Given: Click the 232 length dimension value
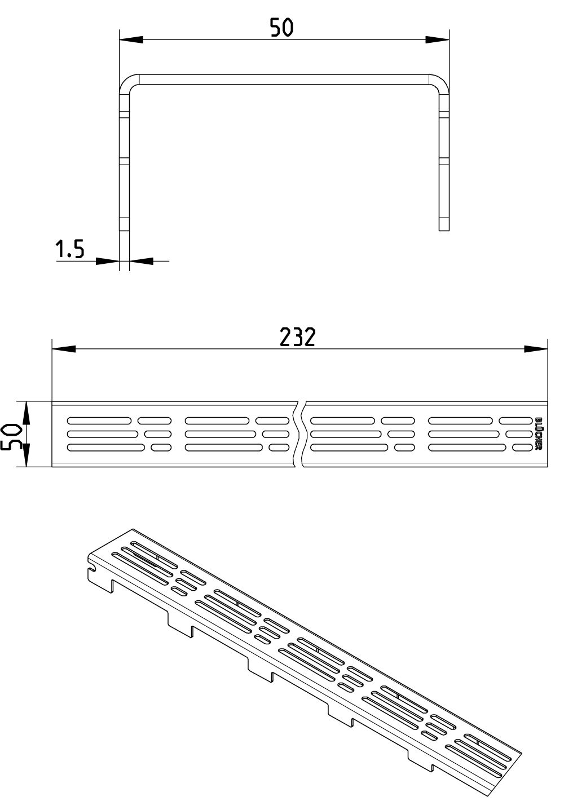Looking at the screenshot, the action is tap(297, 337).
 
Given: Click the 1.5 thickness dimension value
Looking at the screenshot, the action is tap(70, 249).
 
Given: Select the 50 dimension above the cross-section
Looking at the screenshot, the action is tap(282, 28).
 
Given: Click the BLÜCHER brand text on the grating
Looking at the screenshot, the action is tap(538, 433).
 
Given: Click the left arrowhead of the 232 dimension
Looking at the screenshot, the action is tap(64, 349).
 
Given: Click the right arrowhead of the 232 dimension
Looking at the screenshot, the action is tap(536, 349).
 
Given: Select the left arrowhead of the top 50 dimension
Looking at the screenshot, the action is tap(131, 40).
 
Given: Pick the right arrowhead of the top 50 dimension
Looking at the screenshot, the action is tap(437, 40).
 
